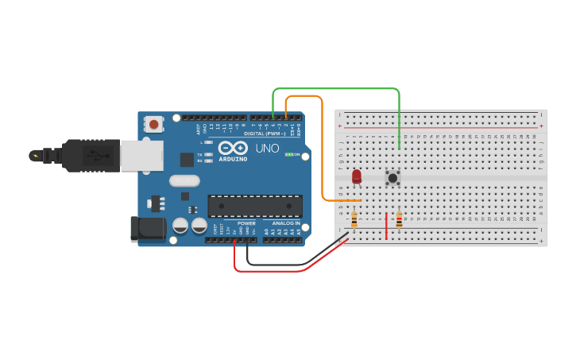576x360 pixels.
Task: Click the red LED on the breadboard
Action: [x=357, y=176]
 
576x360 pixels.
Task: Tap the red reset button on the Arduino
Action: [x=153, y=124]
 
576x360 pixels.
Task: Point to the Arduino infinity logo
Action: [x=233, y=148]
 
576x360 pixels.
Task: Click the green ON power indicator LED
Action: [x=289, y=154]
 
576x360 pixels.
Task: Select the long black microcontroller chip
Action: [x=254, y=206]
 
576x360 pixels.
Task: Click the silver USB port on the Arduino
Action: [x=141, y=156]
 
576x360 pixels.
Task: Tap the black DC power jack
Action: [x=148, y=229]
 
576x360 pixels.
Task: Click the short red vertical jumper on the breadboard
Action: [x=387, y=225]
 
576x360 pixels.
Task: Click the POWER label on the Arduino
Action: [x=246, y=223]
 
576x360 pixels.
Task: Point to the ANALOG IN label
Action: [x=287, y=223]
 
